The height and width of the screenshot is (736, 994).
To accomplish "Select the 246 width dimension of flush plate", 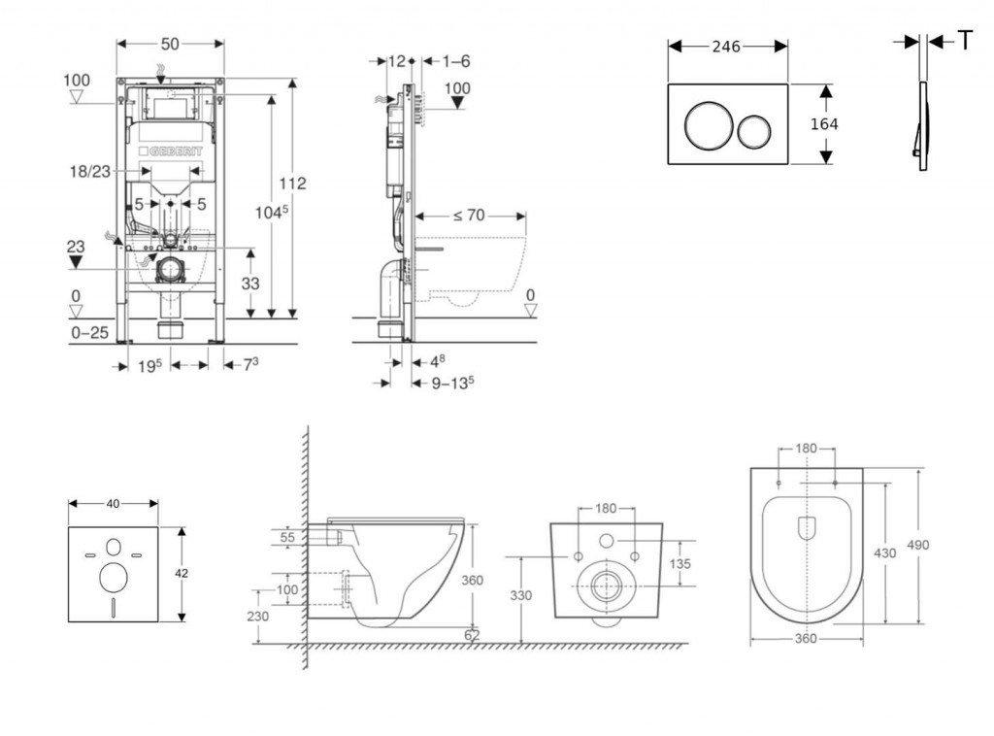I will (x=726, y=47).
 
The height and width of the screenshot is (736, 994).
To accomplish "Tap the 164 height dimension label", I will (x=823, y=124).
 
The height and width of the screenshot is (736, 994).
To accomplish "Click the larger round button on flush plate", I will (x=704, y=126).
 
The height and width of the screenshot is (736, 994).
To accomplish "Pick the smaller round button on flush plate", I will (x=755, y=127).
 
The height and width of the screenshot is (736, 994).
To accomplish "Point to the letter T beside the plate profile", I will (x=966, y=40).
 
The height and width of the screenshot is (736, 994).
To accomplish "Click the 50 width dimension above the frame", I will (x=170, y=44).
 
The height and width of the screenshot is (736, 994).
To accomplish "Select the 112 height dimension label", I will (x=292, y=184).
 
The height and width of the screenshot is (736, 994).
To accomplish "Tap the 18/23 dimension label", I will (x=89, y=170).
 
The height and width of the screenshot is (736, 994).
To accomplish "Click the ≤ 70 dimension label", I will (x=469, y=216).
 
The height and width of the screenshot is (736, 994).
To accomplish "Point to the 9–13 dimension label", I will (x=451, y=383).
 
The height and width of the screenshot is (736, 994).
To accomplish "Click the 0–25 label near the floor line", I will (x=89, y=332).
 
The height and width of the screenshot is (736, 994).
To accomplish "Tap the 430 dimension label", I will (x=883, y=552).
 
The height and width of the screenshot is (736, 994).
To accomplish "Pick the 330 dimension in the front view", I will (x=521, y=596).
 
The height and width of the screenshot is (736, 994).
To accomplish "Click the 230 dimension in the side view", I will (x=258, y=617).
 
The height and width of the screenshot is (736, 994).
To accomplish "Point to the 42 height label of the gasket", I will (x=182, y=573).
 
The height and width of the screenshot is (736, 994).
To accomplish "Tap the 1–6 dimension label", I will (x=455, y=61).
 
